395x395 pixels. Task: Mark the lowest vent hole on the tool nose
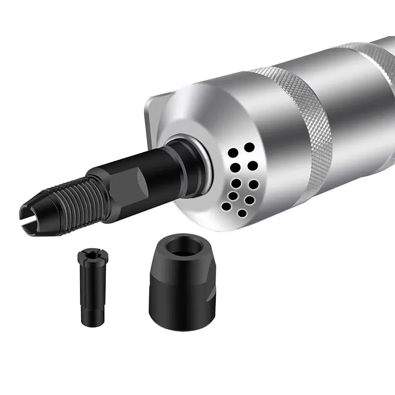point(242,213)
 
